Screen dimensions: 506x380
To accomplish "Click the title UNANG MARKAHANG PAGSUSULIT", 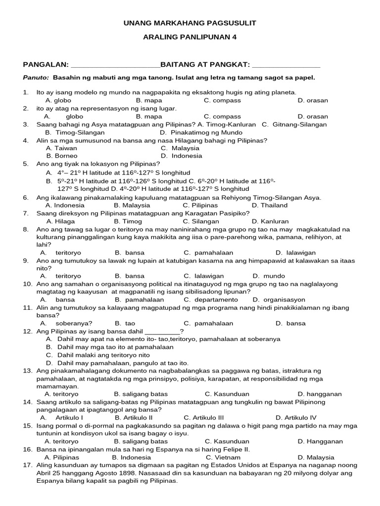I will tap(190, 23).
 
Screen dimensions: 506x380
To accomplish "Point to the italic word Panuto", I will tap(36, 78).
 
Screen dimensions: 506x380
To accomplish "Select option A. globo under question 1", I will tap(58, 100).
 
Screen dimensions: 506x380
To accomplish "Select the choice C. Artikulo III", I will tap(204, 418).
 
